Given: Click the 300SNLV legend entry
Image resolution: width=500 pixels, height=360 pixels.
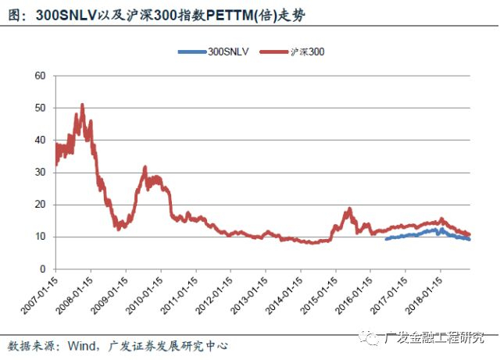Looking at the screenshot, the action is click(213, 52).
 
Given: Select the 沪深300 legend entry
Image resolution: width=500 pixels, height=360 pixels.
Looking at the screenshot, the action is click(292, 52).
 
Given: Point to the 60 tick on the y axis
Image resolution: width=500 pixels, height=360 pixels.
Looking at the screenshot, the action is click(41, 76).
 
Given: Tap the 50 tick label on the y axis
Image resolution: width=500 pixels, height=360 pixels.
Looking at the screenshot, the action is click(41, 108).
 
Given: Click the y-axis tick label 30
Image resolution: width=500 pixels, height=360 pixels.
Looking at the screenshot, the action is click(41, 173).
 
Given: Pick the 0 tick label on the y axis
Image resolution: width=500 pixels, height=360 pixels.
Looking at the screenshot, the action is click(43, 269).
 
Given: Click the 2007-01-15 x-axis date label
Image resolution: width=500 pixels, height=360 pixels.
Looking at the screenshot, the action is click(40, 295).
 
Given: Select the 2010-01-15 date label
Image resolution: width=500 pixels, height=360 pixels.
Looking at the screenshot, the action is click(144, 295).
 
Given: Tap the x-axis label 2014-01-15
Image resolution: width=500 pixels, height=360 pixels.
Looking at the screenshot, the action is click(284, 295).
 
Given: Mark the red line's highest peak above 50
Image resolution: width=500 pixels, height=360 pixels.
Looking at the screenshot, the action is click(82, 105).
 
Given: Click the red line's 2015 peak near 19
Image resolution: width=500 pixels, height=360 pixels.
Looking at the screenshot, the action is click(349, 209).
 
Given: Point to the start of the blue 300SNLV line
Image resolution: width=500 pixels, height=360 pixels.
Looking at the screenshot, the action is click(386, 239).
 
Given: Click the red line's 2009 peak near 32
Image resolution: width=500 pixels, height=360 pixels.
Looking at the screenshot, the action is click(145, 167).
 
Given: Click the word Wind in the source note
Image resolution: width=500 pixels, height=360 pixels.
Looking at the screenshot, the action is click(81, 346).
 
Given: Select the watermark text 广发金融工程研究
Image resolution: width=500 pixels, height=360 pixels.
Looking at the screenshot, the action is click(434, 337).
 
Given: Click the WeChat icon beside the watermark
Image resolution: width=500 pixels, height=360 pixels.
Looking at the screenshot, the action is click(370, 337).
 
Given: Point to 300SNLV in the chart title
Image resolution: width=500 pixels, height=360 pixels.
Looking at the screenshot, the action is click(66, 16).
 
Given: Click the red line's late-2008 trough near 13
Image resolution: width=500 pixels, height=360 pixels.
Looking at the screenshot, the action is click(119, 228).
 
